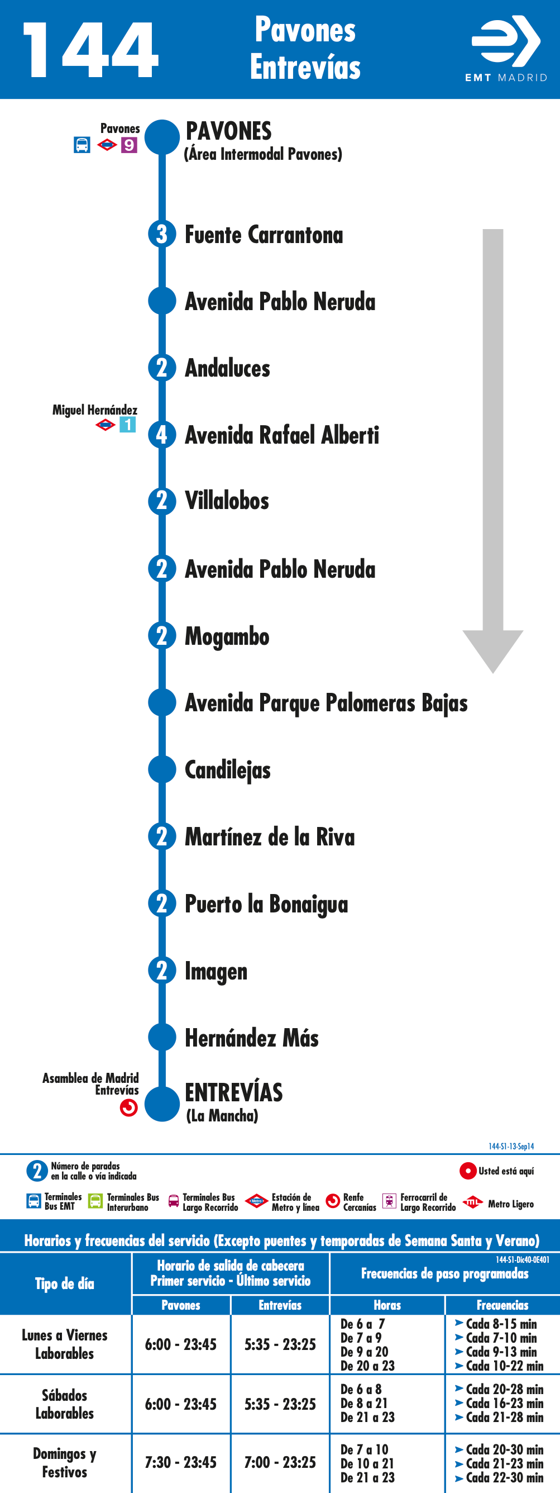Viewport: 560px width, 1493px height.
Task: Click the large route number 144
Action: pos(90,50)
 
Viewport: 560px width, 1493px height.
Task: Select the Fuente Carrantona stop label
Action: pos(264,235)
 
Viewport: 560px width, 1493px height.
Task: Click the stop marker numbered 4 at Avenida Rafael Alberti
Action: pos(162,434)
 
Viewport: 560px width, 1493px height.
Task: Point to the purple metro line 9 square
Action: pos(129,145)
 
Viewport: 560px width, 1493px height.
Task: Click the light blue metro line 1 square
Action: pos(128,424)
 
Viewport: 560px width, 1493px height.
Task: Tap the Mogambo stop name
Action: pos(227,636)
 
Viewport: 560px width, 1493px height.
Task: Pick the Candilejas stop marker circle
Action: pos(162,769)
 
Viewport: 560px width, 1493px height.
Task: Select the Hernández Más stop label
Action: pos(252,1038)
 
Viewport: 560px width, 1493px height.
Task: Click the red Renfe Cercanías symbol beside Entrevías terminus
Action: pos(128,1107)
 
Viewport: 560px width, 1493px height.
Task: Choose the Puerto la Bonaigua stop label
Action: pos(266,904)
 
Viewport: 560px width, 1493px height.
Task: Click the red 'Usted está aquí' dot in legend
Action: pos(468,1171)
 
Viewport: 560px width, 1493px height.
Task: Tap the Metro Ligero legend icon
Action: pos(472,1202)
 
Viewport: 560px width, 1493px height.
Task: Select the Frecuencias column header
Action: pos(502,1305)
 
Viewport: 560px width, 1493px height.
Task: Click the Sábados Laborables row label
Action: pos(64,1404)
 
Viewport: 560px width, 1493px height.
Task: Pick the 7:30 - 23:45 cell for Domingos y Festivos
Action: pos(181,1462)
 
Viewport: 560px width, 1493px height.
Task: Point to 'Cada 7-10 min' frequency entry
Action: pos(501,1338)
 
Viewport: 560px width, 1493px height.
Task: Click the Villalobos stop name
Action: pos(227,501)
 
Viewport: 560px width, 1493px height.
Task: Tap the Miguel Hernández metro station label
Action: pos(95,410)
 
